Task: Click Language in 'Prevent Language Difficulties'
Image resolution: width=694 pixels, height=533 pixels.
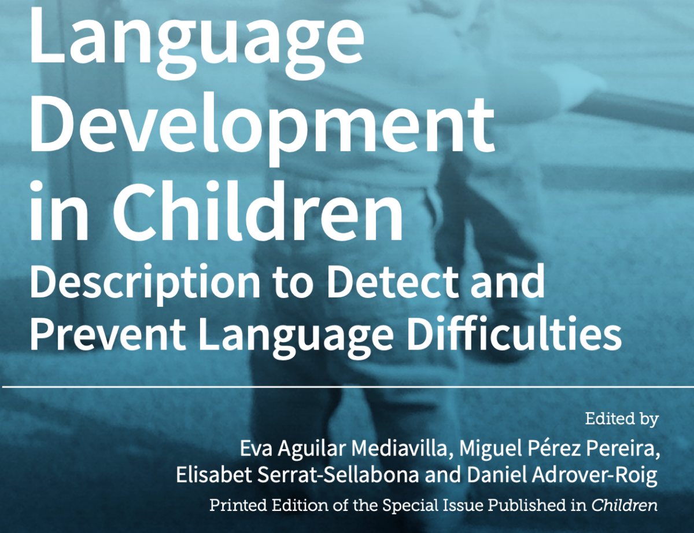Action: point(296,336)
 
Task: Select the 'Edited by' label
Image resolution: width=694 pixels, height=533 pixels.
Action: point(622,419)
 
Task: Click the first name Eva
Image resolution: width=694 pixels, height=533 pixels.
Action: point(256,448)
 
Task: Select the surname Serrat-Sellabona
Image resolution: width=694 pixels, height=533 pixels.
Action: point(338,475)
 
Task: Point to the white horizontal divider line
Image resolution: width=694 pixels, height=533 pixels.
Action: point(348,387)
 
